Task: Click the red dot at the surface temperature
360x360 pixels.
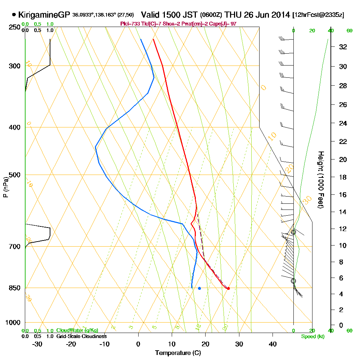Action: [x=228, y=288]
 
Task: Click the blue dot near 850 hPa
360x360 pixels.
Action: [x=199, y=288]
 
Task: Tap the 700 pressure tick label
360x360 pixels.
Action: [x=15, y=247]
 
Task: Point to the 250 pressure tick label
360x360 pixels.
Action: [x=15, y=27]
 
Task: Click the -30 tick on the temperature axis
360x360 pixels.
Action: [x=37, y=344]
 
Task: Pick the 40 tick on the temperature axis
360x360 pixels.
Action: [x=273, y=344]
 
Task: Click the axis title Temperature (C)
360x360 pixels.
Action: [x=178, y=353]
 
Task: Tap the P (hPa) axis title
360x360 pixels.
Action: [x=5, y=187]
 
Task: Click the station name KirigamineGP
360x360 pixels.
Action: [x=44, y=15]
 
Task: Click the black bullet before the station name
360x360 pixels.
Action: [x=14, y=15]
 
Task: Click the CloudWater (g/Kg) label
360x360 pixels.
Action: [x=77, y=330]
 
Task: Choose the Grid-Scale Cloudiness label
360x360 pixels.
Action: [x=81, y=336]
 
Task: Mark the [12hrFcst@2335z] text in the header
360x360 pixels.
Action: [x=318, y=15]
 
